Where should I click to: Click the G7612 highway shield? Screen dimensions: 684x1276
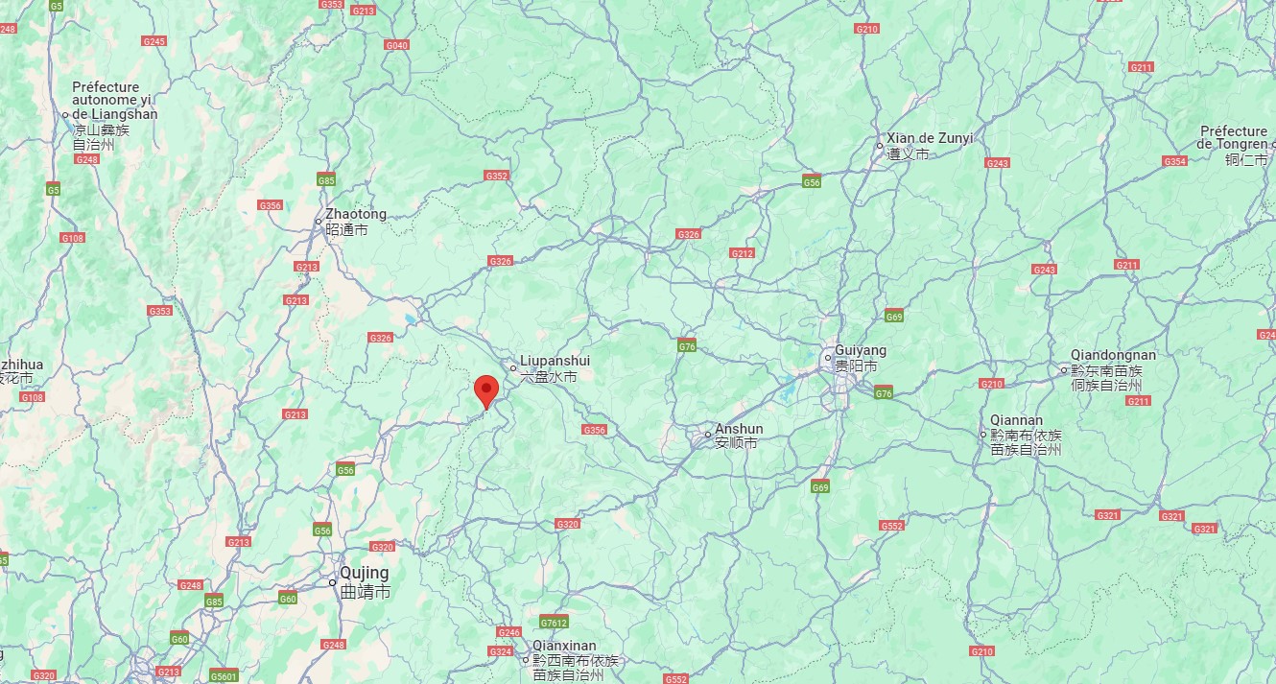554,621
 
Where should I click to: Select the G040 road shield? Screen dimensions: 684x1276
396,45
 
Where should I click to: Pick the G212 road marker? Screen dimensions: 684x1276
742,253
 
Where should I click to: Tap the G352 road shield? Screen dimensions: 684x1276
497,176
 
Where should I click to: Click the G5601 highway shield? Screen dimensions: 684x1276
224,676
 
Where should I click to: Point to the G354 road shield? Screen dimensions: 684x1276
1175,161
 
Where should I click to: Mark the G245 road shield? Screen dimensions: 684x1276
154,41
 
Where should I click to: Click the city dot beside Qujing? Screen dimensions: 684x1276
333,582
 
